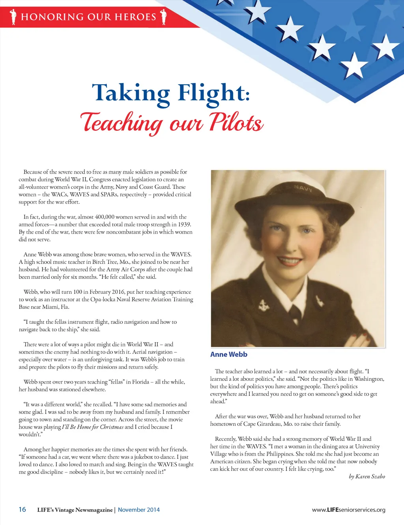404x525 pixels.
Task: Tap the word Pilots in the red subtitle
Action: point(236,122)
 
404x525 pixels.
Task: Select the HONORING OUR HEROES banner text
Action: point(88,17)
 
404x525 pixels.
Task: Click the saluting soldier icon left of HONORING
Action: point(14,17)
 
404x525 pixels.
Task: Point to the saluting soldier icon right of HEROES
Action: point(163,17)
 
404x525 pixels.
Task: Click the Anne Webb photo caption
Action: point(229,354)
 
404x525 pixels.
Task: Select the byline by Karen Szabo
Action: point(367,477)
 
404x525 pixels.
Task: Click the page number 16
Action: point(22,509)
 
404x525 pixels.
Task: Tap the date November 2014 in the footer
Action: point(139,510)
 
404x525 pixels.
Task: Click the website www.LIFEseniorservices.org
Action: point(348,510)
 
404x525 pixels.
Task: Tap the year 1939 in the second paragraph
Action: point(184,224)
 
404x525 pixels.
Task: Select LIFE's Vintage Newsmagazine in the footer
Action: point(75,510)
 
